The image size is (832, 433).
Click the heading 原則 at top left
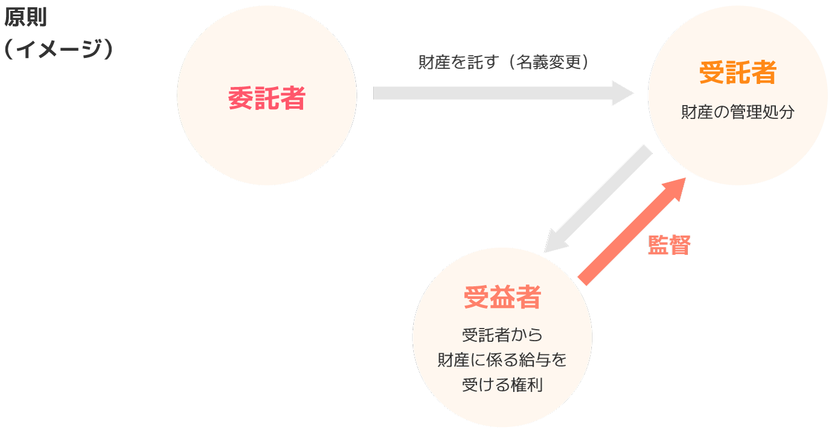tap(25, 18)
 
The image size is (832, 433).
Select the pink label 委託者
tap(267, 98)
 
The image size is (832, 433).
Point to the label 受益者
tap(502, 297)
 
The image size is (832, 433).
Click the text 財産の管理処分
tap(737, 112)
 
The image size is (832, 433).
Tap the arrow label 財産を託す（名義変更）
tap(503, 63)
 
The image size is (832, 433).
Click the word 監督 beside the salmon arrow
tap(669, 245)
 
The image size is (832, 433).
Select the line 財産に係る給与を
tap(502, 360)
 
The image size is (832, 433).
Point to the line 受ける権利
tap(502, 385)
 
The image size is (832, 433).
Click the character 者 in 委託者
tap(293, 98)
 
